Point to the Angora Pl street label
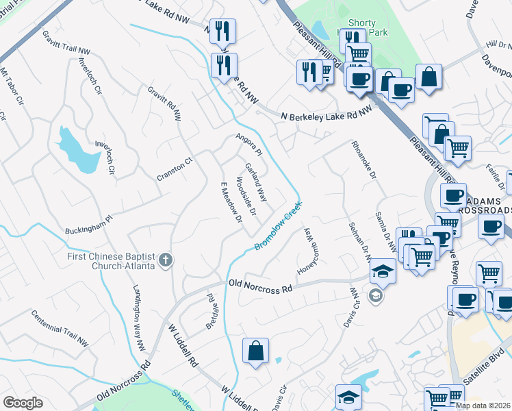pyautogui.click(x=249, y=143)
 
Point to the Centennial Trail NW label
pyautogui.click(x=60, y=327)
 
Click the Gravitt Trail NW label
pyautogui.click(x=66, y=42)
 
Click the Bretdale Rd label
pyautogui.click(x=211, y=312)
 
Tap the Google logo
pyautogui.click(x=23, y=403)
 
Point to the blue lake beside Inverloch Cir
pyautogui.click(x=78, y=151)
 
